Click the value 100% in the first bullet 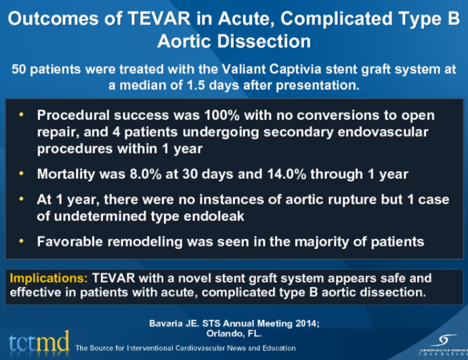tap(189, 116)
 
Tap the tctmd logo tap(39, 343)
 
